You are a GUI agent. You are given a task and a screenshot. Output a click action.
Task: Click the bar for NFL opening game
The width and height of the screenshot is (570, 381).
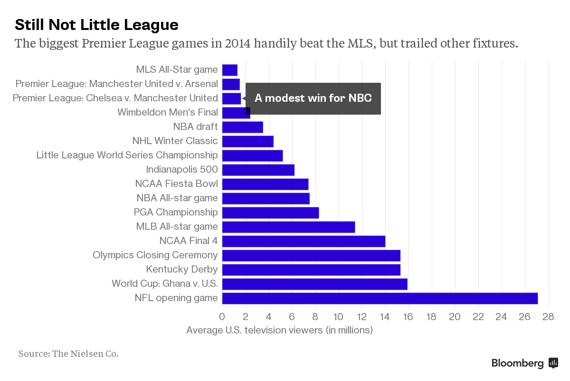380,298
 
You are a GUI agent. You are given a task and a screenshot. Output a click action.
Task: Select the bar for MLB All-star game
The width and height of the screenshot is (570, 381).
288,227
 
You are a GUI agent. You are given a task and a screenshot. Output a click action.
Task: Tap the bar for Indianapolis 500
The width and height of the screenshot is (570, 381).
258,170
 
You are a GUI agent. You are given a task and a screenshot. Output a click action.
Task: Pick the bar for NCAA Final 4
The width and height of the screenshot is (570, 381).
304,241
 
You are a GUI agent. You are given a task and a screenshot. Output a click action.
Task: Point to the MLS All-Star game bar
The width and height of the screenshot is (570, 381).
230,70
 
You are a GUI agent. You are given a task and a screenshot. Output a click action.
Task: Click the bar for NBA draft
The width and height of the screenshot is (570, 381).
242,127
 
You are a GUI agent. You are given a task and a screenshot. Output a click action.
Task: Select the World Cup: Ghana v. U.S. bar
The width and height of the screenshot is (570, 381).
314,284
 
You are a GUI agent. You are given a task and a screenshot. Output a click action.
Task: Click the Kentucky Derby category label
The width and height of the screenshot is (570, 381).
182,269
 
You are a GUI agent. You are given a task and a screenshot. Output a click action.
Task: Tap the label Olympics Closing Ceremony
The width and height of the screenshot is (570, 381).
155,255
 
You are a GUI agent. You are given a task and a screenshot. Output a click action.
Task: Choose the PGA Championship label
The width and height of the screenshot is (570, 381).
176,212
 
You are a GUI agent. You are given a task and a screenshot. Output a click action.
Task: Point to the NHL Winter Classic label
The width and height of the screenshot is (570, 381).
175,141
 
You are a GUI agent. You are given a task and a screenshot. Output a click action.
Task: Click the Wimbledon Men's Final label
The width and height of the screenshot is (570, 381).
168,112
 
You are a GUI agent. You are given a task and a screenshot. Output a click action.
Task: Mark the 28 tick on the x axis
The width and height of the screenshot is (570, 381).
548,317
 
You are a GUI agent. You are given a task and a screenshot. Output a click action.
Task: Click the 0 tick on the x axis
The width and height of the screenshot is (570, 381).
222,317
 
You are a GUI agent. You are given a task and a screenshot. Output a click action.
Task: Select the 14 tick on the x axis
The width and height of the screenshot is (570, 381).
385,317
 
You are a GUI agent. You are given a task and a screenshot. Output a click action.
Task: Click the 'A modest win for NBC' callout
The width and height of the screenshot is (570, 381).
313,98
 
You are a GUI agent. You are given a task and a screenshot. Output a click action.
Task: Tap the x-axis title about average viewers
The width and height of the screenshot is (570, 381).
279,330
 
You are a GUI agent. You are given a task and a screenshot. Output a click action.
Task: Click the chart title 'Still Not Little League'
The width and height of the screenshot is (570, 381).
96,24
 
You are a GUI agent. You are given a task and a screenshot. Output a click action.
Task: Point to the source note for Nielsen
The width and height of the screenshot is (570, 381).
68,354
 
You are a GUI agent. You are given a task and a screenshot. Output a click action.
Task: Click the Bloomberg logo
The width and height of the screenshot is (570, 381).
524,363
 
